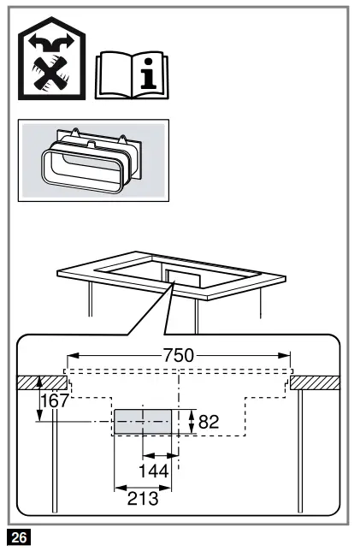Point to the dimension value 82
(210, 421)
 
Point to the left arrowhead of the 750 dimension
(73, 354)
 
